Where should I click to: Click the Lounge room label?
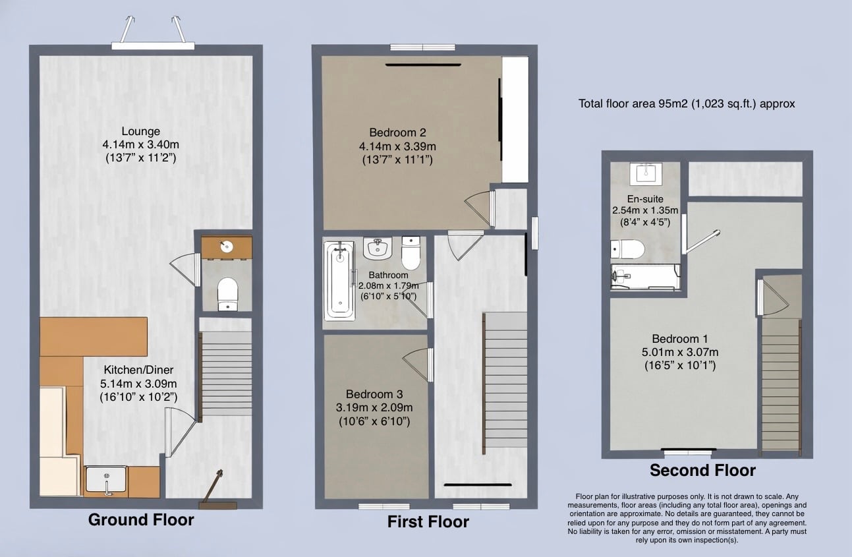click(x=140, y=131)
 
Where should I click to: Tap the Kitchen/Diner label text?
click(x=138, y=370)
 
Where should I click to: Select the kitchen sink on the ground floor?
click(x=105, y=479)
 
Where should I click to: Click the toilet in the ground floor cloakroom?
click(x=227, y=294)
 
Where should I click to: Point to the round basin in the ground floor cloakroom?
click(x=227, y=247)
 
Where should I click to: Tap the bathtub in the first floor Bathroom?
click(x=339, y=281)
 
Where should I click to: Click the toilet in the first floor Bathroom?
click(x=411, y=252)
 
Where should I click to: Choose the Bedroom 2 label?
click(x=397, y=132)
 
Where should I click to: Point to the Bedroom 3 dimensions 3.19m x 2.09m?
click(x=374, y=407)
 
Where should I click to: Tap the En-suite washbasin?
click(x=646, y=174)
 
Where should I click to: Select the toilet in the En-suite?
click(x=627, y=249)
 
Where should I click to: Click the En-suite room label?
click(x=645, y=199)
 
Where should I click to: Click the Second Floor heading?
click(x=702, y=471)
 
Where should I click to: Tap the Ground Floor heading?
click(x=141, y=520)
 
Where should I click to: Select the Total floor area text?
click(x=687, y=104)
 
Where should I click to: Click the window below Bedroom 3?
click(x=383, y=506)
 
